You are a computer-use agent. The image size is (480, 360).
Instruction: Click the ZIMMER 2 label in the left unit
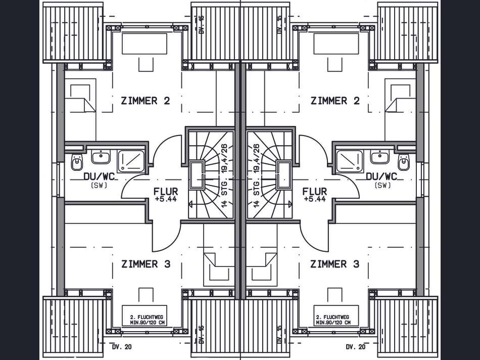click(x=145, y=101)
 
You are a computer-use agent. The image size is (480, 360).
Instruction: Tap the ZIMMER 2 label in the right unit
click(x=335, y=101)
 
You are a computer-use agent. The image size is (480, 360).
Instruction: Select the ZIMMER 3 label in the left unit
click(x=146, y=264)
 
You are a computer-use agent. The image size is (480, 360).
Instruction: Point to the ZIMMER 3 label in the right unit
click(x=334, y=264)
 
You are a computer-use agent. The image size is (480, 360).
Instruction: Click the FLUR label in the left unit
click(x=166, y=192)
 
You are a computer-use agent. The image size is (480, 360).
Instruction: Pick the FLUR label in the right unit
click(x=315, y=192)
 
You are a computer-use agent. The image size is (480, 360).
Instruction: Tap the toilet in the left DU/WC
click(x=77, y=162)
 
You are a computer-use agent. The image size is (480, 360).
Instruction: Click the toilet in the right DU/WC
click(x=404, y=162)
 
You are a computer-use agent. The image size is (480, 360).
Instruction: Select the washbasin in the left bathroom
click(x=101, y=157)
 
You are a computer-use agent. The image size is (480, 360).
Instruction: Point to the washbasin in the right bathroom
click(x=379, y=157)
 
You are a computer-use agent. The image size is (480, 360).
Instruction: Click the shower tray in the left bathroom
click(x=131, y=160)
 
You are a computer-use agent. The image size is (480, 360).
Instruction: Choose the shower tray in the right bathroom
click(x=349, y=160)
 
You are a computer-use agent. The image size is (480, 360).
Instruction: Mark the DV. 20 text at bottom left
click(x=122, y=347)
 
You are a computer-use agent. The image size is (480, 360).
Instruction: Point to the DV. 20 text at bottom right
click(x=356, y=347)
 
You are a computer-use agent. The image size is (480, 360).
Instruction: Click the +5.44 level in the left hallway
click(x=166, y=199)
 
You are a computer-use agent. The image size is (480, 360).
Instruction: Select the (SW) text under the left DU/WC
click(x=99, y=186)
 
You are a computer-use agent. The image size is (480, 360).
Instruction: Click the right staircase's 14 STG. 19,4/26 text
click(x=256, y=175)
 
